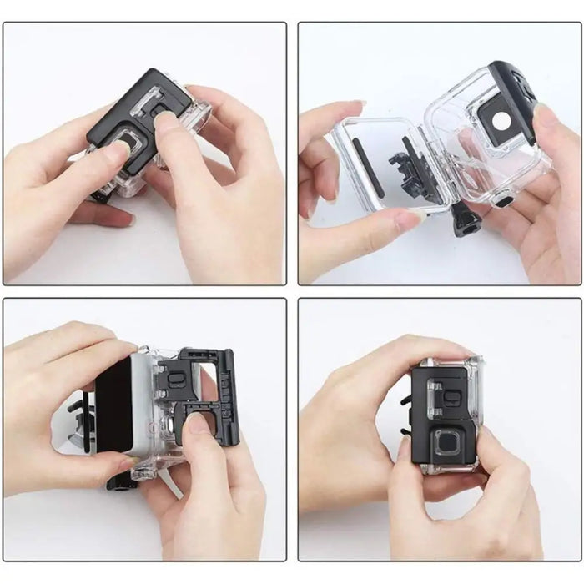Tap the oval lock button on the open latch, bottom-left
(x=176, y=380)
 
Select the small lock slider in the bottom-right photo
(x=439, y=387)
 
